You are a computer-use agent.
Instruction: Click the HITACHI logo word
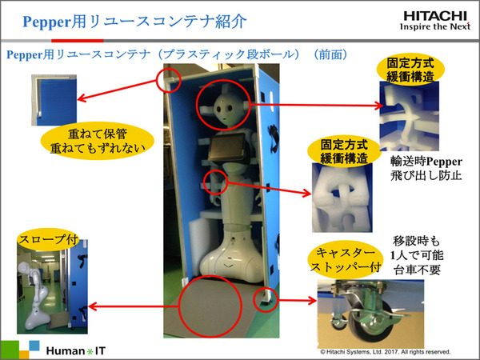click(x=435, y=17)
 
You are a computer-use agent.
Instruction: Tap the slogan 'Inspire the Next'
click(x=435, y=26)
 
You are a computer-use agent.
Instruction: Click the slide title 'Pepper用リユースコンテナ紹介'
click(x=134, y=22)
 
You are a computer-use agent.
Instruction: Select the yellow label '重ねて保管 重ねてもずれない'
click(x=98, y=141)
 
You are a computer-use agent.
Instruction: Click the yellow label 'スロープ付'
click(x=48, y=239)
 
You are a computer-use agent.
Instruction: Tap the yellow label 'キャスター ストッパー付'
click(x=346, y=259)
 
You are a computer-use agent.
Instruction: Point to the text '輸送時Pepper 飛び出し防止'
click(x=426, y=168)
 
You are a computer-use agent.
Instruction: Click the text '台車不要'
click(x=417, y=270)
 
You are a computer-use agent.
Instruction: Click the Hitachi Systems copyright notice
click(x=386, y=352)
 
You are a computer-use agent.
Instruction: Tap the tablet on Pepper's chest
click(x=227, y=147)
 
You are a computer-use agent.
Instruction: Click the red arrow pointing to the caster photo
click(x=298, y=300)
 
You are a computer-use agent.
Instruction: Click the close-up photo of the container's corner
click(x=54, y=100)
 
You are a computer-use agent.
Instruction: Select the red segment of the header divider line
click(x=77, y=41)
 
